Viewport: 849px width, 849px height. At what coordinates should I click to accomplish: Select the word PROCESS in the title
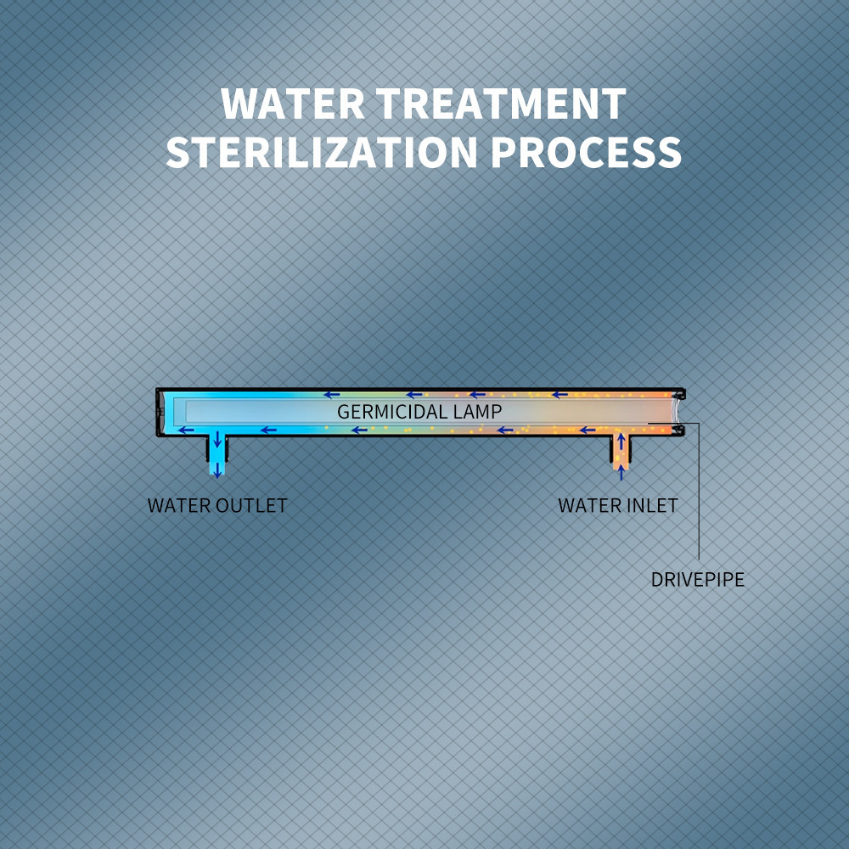tap(588, 152)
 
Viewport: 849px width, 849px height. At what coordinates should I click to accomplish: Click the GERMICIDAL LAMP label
tap(419, 412)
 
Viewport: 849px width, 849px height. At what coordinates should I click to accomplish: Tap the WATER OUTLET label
tap(217, 506)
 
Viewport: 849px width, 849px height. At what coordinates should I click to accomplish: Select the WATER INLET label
tap(617, 506)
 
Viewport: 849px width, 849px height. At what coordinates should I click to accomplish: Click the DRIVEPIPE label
tap(698, 581)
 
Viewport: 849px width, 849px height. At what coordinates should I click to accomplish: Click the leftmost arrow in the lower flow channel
tap(186, 430)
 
